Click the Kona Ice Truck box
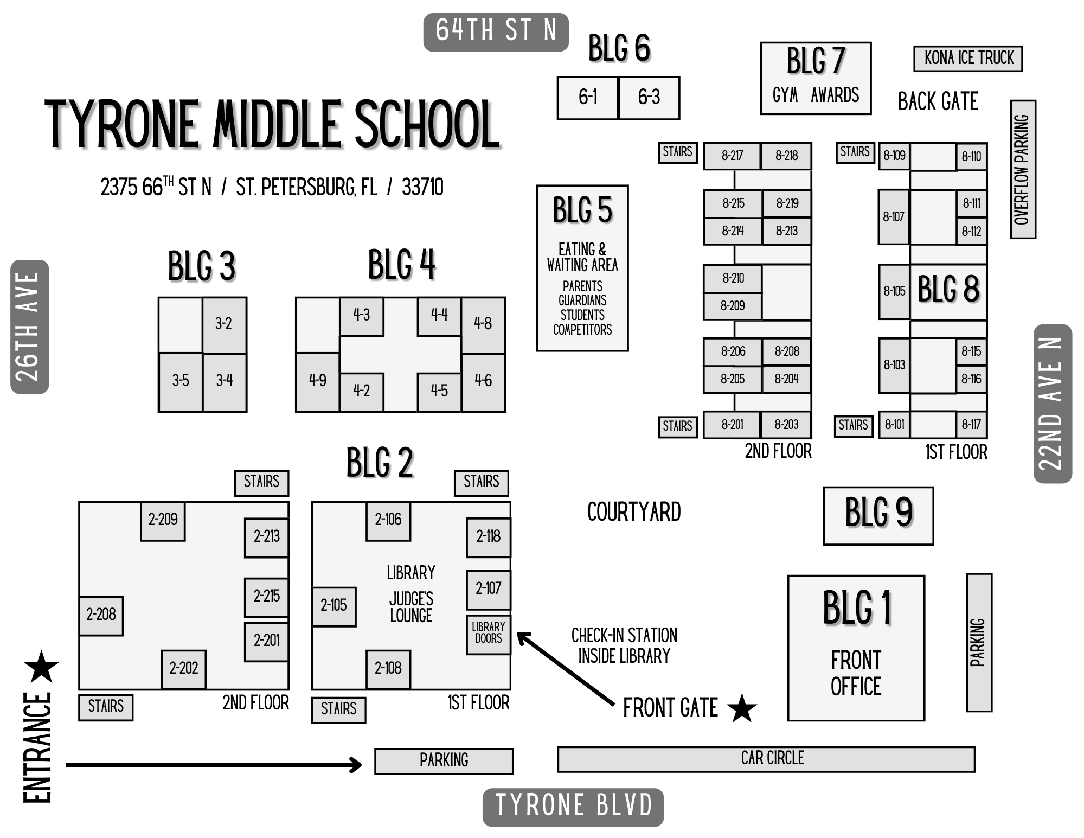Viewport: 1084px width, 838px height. [968, 59]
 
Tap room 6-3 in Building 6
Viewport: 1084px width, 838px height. [649, 98]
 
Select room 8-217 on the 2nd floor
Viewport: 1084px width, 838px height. [732, 156]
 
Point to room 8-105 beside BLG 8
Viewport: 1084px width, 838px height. [894, 291]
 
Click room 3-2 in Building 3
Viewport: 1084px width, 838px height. [224, 324]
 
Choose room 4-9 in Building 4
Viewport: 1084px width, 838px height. [318, 381]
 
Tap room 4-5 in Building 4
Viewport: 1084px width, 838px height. [439, 391]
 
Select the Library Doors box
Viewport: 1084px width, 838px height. [489, 634]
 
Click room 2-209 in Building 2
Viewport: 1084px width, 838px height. [163, 520]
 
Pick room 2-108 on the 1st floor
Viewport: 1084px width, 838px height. [388, 668]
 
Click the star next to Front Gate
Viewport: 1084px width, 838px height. [741, 708]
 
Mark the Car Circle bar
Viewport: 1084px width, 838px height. [766, 758]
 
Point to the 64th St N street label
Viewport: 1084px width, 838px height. [496, 31]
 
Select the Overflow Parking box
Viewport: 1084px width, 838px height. [1023, 169]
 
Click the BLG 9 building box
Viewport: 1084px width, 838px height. [878, 515]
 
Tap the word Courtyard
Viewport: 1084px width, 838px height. [634, 512]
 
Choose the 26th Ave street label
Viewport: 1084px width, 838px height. [29, 327]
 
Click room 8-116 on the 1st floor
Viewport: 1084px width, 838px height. [971, 379]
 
